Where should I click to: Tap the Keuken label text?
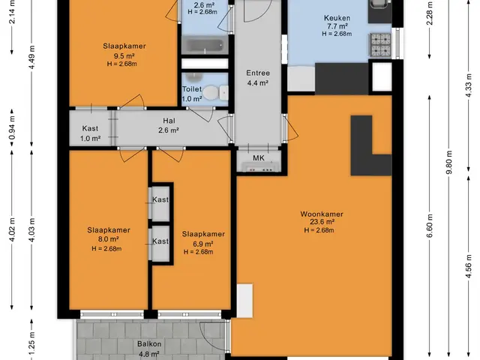pos(337,18)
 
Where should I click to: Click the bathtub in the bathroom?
pos(205,46)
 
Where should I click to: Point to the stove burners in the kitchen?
pos(380,45)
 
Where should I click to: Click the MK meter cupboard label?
pos(259,158)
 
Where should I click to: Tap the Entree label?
pos(258,73)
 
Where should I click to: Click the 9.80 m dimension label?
pos(449,163)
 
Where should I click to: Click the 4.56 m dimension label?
pos(469,266)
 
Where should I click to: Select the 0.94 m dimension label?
pos(12,127)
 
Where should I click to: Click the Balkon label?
pos(149,344)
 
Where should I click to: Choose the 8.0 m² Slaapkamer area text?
pos(108,239)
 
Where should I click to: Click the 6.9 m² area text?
pos(202,244)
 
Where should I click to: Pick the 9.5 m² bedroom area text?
pos(124,56)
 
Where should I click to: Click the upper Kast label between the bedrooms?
pos(160,199)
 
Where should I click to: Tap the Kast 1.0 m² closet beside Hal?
pos(90,133)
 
